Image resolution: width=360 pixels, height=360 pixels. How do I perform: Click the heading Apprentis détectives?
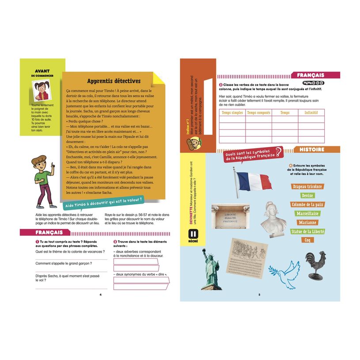114,81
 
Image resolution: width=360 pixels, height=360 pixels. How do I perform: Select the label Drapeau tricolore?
307,186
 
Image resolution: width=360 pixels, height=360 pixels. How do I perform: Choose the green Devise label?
307,196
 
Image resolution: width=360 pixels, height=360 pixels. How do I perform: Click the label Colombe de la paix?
307,205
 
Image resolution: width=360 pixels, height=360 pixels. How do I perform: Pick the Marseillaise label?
307,213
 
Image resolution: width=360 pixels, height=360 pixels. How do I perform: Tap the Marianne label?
307,223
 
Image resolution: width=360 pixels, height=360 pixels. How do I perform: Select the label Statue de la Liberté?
307,231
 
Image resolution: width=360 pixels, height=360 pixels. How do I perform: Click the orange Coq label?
307,240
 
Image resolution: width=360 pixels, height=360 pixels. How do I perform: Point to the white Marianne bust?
273,218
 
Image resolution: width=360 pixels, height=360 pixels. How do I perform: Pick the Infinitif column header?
311,113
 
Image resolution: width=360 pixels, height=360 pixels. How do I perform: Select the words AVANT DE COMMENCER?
42,73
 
